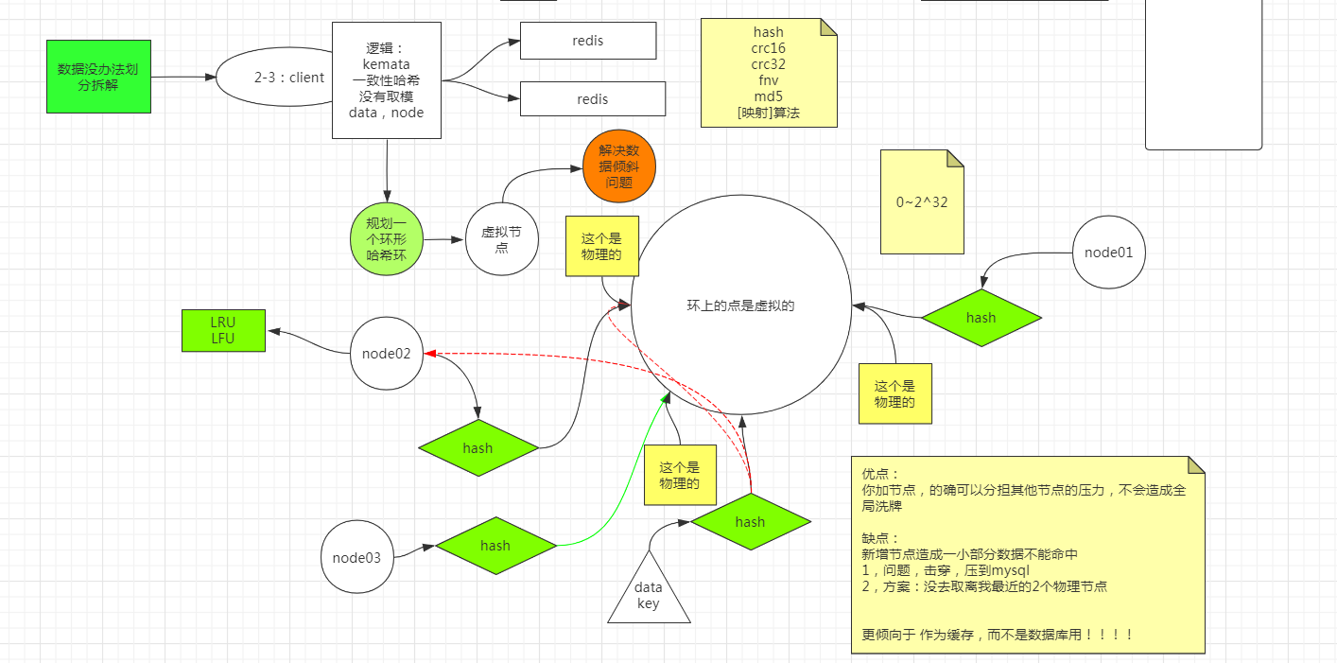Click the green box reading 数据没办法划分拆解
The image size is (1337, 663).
click(x=98, y=77)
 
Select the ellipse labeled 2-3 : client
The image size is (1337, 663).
click(x=276, y=78)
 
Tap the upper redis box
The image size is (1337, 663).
click(x=588, y=41)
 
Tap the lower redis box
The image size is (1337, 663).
click(x=593, y=99)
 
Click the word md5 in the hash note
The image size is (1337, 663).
click(x=768, y=96)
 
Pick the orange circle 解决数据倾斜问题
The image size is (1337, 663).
click(x=619, y=166)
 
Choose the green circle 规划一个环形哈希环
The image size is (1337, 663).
click(x=386, y=240)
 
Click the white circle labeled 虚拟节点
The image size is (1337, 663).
click(x=502, y=239)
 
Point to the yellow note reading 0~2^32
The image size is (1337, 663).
click(x=922, y=202)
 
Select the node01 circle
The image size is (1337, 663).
click(x=1110, y=253)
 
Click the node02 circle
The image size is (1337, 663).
click(x=387, y=354)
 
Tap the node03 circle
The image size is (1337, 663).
click(x=356, y=557)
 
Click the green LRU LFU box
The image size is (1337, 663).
click(x=223, y=330)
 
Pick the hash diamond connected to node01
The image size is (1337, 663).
click(x=981, y=318)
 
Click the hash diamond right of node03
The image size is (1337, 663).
click(x=495, y=546)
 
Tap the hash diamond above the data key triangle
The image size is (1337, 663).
click(x=750, y=521)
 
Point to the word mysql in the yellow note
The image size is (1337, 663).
click(x=1010, y=570)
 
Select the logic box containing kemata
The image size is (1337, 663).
click(x=387, y=80)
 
